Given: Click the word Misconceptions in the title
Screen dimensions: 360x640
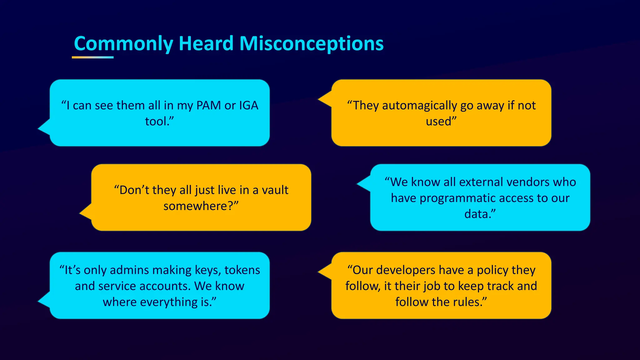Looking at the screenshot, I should tap(311, 43).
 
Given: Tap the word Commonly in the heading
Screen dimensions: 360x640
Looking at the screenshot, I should tap(123, 43).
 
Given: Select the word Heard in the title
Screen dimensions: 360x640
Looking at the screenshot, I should tap(206, 43).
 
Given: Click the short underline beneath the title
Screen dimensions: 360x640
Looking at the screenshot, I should tap(92, 57).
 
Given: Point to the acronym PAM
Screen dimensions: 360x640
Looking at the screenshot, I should tap(208, 106).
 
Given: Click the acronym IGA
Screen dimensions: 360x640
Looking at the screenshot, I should tap(249, 106).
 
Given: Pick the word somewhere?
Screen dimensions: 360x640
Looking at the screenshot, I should tap(200, 206).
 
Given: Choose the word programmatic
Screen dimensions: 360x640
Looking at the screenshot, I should tap(462, 198).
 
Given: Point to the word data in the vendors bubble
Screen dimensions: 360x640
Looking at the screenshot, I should tap(476, 214).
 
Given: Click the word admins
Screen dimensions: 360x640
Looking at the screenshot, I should tap(130, 270).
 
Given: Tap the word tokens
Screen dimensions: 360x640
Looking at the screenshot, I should tap(242, 270).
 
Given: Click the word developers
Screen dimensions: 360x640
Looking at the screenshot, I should tap(406, 270).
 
